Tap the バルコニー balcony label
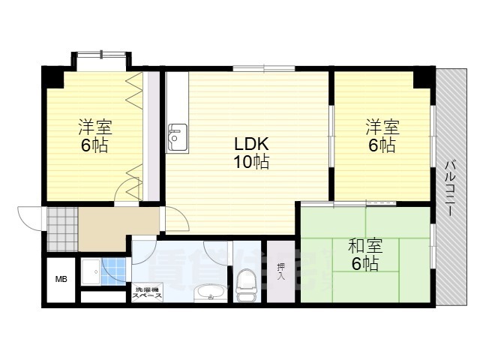pyautogui.click(x=451, y=187)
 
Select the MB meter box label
pyautogui.click(x=60, y=280)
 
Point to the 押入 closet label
pyautogui.click(x=281, y=271)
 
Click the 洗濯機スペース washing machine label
pyautogui.click(x=148, y=293)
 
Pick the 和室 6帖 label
pyautogui.click(x=365, y=254)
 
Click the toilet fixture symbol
pyautogui.click(x=245, y=284)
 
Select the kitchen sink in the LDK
pyautogui.click(x=176, y=137)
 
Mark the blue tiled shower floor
pyautogui.click(x=114, y=268)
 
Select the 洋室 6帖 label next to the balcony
pyautogui.click(x=382, y=135)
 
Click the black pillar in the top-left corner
pyautogui.click(x=52, y=76)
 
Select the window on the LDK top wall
pyautogui.click(x=263, y=69)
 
